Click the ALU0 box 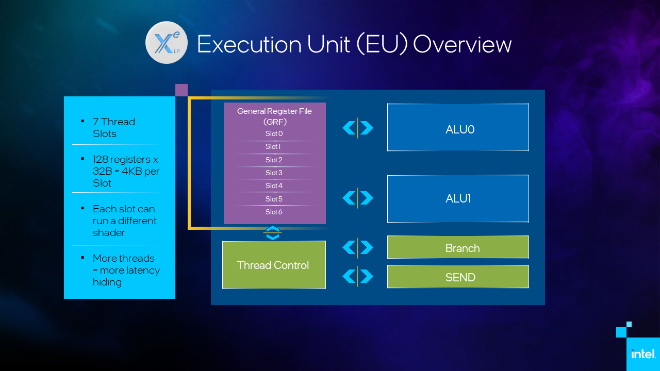458,127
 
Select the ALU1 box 458,198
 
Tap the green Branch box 458,247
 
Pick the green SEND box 458,277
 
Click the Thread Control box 274,265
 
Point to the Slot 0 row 274,134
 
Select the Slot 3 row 274,173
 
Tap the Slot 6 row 274,212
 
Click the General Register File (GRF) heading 274,116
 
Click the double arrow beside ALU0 358,128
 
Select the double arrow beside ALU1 358,198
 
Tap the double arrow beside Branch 358,248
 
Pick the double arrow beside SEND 358,276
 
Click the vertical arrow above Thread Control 273,233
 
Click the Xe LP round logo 166,42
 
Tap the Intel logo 643,354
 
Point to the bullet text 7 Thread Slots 114,128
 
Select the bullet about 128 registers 126,171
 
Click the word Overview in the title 462,44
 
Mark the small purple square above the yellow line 181,90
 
